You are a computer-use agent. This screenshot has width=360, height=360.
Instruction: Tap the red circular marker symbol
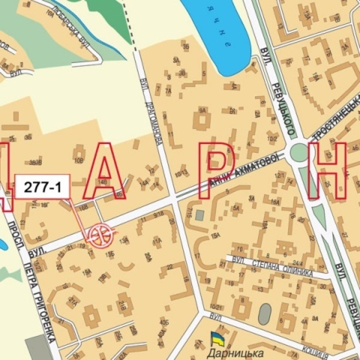coord(99,234)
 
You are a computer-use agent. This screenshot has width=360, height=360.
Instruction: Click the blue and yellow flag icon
coord(215,338)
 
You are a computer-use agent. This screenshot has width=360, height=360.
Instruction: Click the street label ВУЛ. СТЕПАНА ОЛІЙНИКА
coord(272,267)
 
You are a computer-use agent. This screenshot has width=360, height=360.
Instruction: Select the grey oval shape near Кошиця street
coord(265,314)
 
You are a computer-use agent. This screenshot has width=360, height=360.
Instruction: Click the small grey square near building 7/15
coord(200,214)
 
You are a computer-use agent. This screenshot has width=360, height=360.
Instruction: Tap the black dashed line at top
coord(132,26)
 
